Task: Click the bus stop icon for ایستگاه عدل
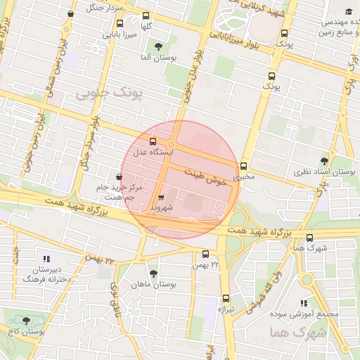[x=153, y=141]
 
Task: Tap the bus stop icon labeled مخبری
[x=244, y=167]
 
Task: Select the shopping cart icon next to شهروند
[x=162, y=198]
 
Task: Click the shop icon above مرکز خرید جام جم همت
[x=118, y=176]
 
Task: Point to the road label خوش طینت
[x=208, y=176]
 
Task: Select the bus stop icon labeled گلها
[x=146, y=15]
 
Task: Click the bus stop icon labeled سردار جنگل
[x=70, y=13]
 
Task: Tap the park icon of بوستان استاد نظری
[x=323, y=161]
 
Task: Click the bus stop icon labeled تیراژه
[x=226, y=298]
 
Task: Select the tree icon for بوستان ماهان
[x=153, y=274]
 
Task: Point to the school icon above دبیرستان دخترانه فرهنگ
[x=46, y=259]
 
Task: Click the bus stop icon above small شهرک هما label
[x=310, y=238]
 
